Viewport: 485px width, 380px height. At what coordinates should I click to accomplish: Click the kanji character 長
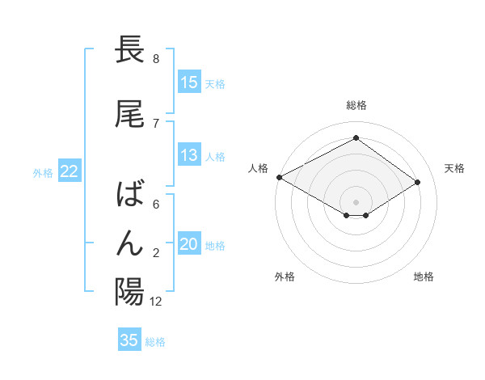[x=129, y=50]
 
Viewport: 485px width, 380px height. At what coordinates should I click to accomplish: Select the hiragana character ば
[x=129, y=194]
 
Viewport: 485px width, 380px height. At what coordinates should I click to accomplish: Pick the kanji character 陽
[x=129, y=291]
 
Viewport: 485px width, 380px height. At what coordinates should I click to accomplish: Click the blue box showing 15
[x=189, y=82]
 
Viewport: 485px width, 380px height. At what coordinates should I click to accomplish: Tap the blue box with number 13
[x=189, y=155]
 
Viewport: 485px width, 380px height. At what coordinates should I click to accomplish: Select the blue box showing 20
[x=189, y=244]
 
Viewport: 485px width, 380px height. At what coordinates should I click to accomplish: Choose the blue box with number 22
[x=69, y=171]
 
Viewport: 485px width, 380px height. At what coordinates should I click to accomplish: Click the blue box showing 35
[x=129, y=340]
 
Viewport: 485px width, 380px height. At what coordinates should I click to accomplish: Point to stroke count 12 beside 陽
[x=156, y=302]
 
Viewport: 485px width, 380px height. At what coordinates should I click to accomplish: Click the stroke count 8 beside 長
[x=155, y=59]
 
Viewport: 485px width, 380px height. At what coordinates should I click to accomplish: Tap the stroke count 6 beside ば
[x=155, y=205]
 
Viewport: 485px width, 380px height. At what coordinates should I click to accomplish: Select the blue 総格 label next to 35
[x=155, y=341]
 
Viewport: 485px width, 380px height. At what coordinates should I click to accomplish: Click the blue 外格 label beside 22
[x=42, y=172]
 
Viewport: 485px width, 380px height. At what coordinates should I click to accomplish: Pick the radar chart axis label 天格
[x=455, y=168]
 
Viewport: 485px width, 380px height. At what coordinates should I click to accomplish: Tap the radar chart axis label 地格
[x=424, y=277]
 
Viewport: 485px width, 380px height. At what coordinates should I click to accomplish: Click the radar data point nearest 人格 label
[x=279, y=177]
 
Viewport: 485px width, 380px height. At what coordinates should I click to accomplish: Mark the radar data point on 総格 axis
[x=356, y=138]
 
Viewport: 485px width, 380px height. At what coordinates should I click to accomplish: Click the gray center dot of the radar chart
[x=356, y=201]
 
